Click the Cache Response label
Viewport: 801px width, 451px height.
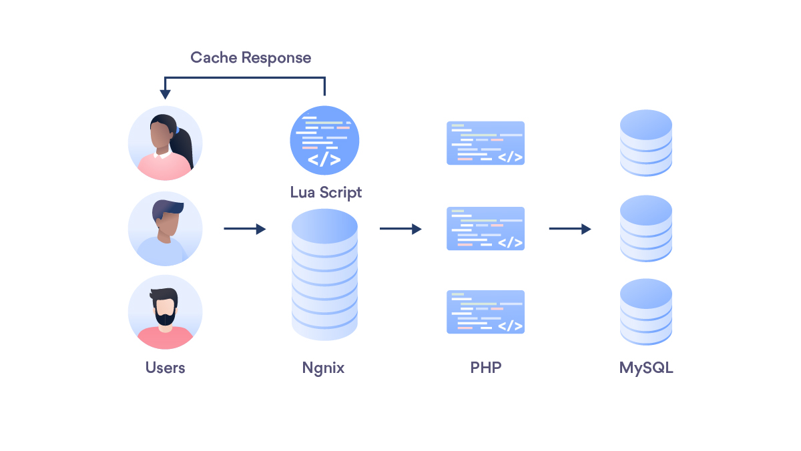point(250,57)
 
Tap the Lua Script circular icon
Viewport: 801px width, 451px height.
point(324,141)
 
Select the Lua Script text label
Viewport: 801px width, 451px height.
point(326,192)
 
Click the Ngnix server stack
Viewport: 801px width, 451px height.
point(324,274)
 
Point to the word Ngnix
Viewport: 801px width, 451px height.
point(323,368)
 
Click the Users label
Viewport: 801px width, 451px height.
point(165,368)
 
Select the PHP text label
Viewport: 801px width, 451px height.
point(485,368)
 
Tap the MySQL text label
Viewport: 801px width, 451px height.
point(646,368)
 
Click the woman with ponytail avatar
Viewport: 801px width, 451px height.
point(165,143)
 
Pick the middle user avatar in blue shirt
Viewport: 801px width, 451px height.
point(165,229)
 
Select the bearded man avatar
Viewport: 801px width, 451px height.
point(165,312)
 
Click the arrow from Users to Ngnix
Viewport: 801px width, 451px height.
point(244,229)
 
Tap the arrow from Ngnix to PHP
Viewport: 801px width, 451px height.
point(400,229)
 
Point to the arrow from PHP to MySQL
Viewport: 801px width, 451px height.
point(570,229)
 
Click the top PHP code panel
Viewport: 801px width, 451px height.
point(485,143)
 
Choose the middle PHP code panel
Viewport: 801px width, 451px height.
point(485,228)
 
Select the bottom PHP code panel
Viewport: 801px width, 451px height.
point(485,312)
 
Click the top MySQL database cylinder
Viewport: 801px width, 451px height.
point(645,143)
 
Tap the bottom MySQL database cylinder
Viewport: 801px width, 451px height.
point(645,312)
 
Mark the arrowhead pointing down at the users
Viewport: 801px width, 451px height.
point(165,95)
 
